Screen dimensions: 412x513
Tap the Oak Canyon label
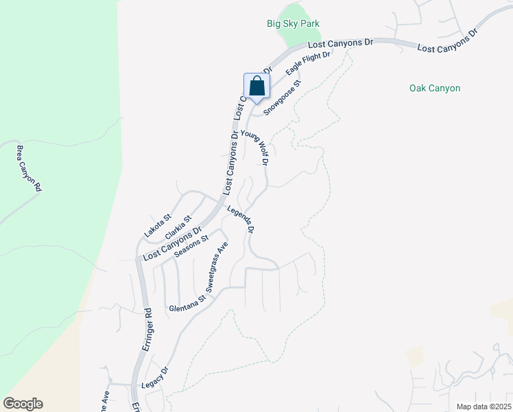point(434,88)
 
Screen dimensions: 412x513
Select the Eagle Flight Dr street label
point(309,67)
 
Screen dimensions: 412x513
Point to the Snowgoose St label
point(283,100)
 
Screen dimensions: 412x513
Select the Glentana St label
point(187,304)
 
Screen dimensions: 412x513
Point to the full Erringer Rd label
point(147,332)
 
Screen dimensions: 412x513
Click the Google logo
point(23,404)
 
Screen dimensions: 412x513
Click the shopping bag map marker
point(256,87)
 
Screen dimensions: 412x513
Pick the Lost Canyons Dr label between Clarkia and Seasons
point(172,243)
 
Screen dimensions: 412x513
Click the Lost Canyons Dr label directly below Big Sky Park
point(339,43)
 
